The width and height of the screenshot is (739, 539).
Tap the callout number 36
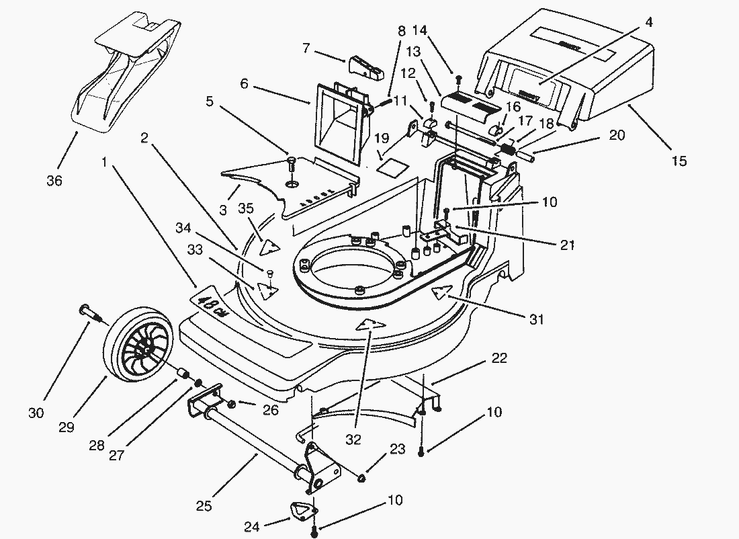coord(54,180)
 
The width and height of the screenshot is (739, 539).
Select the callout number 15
coord(679,161)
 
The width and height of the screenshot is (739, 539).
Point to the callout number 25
coord(204,506)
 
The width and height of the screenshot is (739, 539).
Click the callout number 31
coord(536,319)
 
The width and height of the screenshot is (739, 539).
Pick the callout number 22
coord(499,358)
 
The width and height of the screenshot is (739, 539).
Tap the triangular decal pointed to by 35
coord(270,247)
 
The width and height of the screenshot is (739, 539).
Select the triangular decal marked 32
coord(370,325)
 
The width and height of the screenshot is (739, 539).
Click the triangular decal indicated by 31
coord(441,292)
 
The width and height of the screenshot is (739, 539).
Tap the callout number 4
coord(648,22)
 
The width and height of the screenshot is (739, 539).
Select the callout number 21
coord(567,245)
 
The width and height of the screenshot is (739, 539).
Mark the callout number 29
coord(67,427)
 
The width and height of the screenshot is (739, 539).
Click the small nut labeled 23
coord(361,479)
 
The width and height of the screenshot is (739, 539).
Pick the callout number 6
coord(244,83)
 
